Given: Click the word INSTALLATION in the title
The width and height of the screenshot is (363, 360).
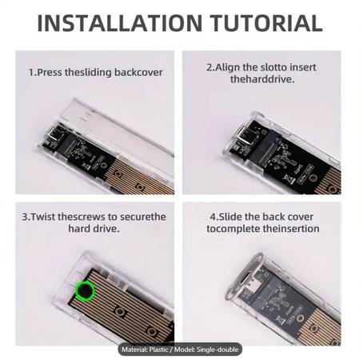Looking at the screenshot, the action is pos(120,23).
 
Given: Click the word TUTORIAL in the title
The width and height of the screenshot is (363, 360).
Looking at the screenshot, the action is pos(266,23).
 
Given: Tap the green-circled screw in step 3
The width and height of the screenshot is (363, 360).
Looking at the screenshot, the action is pos(85,290).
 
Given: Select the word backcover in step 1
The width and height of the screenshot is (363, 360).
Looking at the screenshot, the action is pos(138,73).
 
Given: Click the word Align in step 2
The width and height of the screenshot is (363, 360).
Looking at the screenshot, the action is pos(227,67).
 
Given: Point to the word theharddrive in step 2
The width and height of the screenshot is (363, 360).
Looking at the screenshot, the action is pos(262,79).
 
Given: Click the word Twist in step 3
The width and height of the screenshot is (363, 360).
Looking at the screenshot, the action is pos(43,217).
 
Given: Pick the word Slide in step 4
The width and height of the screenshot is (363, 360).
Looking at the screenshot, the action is pos(230,217).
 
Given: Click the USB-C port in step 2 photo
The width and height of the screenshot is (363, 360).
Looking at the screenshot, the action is pos(245,134).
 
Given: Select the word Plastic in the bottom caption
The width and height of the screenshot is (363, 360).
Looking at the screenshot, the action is pos(158,350).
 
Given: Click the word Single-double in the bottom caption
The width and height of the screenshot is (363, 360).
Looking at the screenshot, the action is pos(217,350).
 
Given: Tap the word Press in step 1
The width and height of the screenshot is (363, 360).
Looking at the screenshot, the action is pos(50,73).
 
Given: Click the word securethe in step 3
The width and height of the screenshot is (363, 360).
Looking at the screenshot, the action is pos(143,217).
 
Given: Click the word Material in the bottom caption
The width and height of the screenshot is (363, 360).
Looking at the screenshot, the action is pos(134,350).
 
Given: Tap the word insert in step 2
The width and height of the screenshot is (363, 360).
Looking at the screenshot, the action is pos(303,67).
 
